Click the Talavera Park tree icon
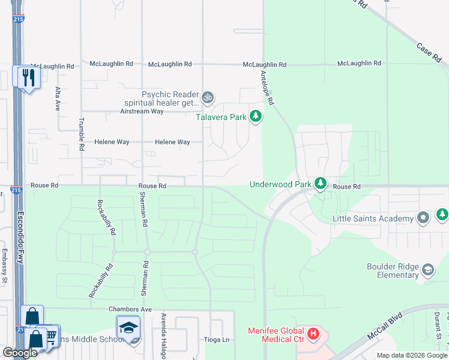click(x=256, y=116)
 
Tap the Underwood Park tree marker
click(x=321, y=182)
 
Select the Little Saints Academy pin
click(x=423, y=218)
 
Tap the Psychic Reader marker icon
click(x=208, y=97)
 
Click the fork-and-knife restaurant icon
click(x=27, y=77)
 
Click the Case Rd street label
click(x=429, y=52)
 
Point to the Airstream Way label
click(x=142, y=112)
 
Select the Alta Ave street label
click(x=58, y=98)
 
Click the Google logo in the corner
click(x=20, y=353)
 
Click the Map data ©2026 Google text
click(x=411, y=355)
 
